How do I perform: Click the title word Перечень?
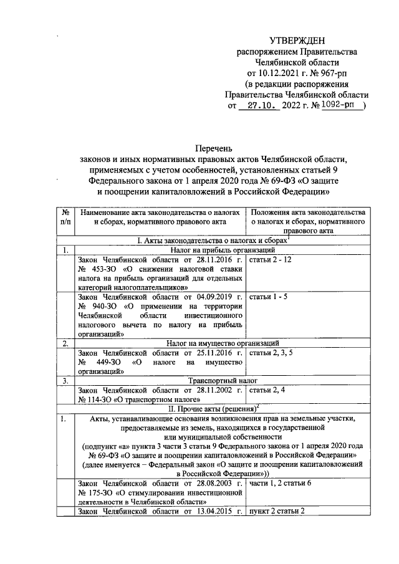tap(214, 148)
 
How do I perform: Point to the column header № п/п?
tap(65, 217)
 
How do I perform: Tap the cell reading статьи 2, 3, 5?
tap(271, 353)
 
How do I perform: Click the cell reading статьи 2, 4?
tap(267, 390)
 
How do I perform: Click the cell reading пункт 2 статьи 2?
tap(280, 512)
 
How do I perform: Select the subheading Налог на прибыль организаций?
tap(214, 250)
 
